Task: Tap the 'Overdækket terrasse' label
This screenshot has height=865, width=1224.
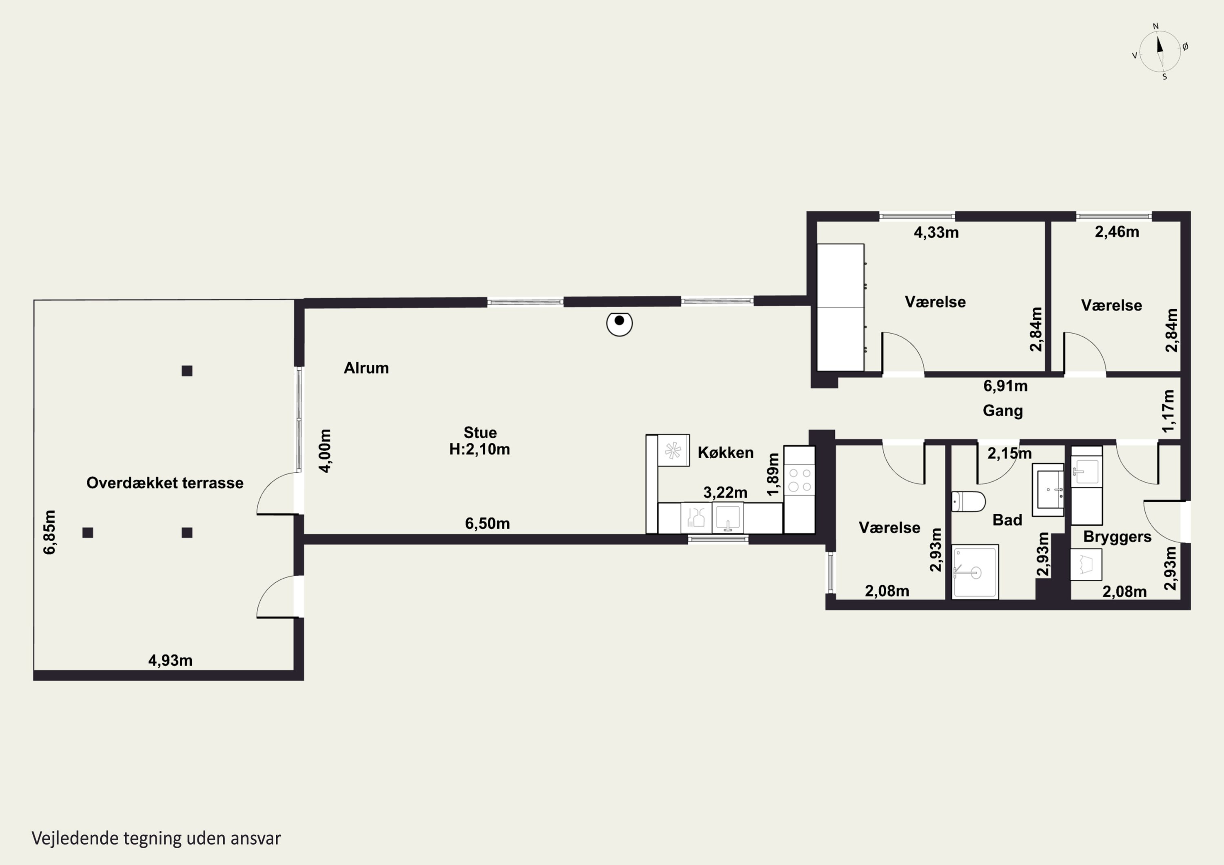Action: click(x=165, y=483)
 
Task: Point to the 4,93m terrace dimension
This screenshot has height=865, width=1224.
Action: click(x=170, y=660)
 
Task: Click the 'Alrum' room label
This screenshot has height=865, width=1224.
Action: click(x=366, y=368)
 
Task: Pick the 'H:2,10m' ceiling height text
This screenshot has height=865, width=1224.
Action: click(x=479, y=449)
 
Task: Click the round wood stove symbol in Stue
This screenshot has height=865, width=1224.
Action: click(x=619, y=323)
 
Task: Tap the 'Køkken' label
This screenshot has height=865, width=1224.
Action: click(x=725, y=453)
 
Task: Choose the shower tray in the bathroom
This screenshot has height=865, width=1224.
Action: click(x=975, y=572)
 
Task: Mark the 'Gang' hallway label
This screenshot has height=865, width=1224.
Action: click(x=1003, y=411)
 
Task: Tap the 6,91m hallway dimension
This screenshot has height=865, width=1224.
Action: click(x=1005, y=386)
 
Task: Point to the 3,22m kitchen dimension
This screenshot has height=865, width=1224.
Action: click(x=725, y=493)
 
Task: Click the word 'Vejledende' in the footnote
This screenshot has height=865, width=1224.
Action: click(x=75, y=838)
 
